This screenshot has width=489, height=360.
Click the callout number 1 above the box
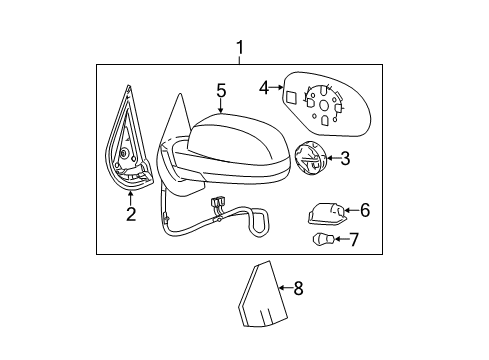[239, 46]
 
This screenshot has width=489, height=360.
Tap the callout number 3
[344, 157]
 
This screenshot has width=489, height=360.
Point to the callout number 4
[264, 88]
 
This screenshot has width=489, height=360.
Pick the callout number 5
[221, 91]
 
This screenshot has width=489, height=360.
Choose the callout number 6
[364, 210]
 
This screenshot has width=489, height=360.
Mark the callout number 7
[351, 240]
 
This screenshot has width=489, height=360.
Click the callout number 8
[297, 289]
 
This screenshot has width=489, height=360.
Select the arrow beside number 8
[284, 289]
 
